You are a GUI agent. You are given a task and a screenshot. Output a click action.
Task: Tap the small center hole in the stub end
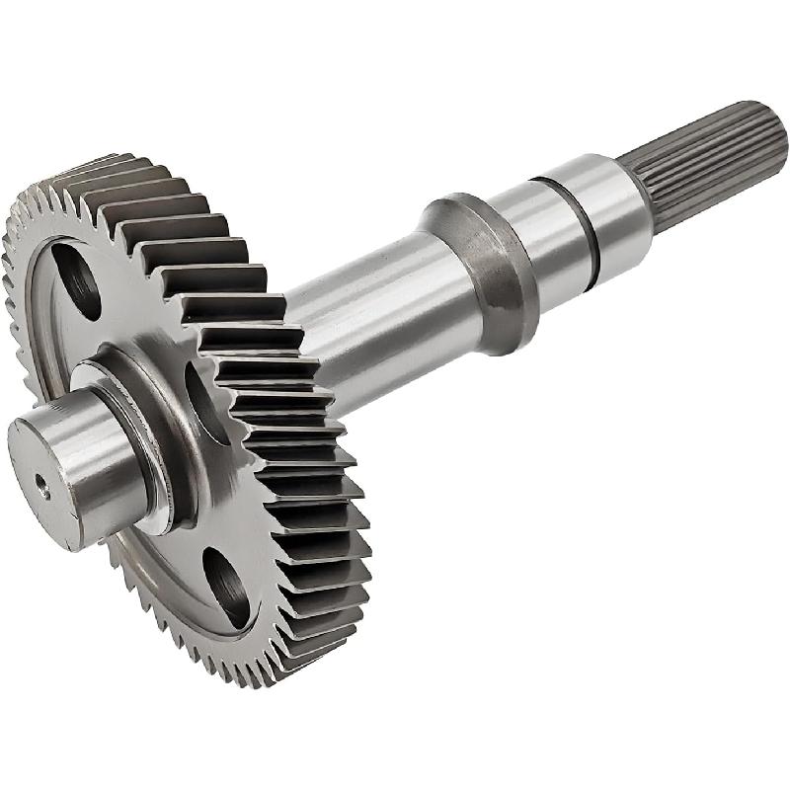42,483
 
